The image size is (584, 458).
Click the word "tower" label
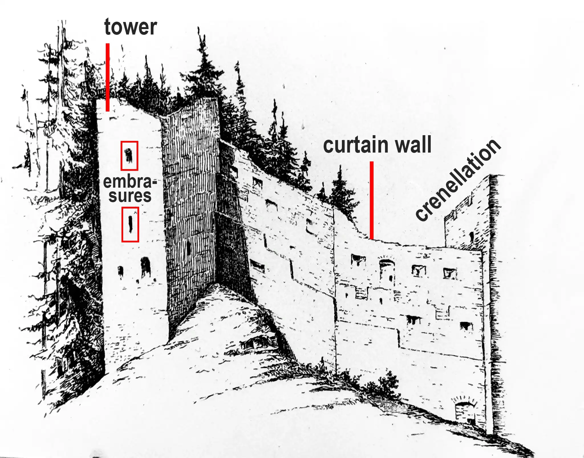click(131, 27)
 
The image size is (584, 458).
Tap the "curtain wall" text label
click(377, 145)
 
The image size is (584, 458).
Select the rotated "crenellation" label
click(458, 180)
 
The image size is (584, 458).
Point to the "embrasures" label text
click(130, 189)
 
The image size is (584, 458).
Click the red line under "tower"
click(108, 77)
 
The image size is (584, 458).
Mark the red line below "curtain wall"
click(372, 200)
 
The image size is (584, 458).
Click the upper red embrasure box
click(129, 156)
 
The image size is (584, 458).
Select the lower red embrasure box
click(130, 225)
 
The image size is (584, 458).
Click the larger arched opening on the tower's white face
click(145, 267)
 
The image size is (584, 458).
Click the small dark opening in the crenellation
click(471, 236)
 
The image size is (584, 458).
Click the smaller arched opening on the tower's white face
click(121, 271)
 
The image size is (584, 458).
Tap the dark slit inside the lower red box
click(130, 224)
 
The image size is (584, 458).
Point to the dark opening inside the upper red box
click(129, 155)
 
